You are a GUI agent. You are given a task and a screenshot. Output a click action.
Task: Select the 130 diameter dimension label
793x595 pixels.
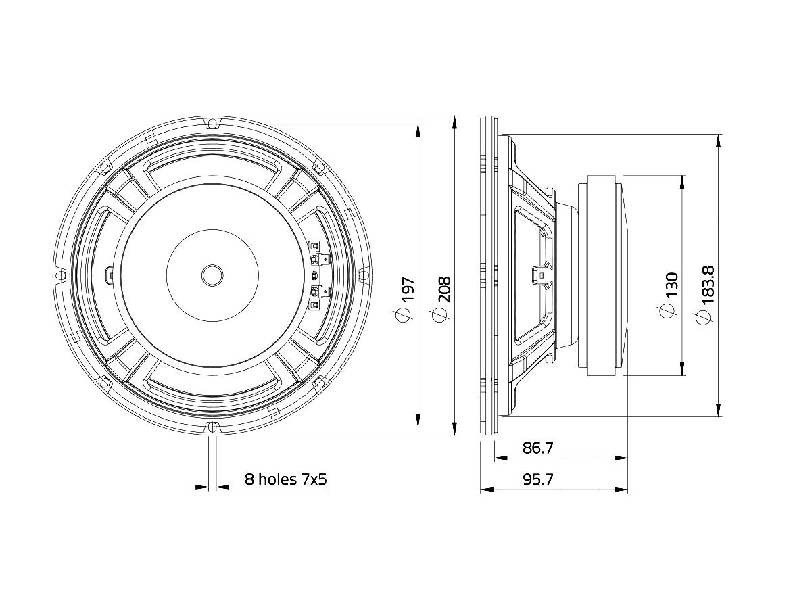pos(671,285)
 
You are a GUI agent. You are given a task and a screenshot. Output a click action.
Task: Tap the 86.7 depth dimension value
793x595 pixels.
pos(538,448)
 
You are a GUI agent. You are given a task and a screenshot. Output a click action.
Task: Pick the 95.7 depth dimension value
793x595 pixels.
pos(538,479)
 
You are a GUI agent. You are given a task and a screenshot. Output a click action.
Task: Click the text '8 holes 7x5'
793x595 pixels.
pos(286,479)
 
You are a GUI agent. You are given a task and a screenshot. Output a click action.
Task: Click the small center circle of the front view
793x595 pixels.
pos(212,275)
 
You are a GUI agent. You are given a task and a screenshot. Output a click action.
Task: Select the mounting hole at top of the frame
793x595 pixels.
pos(213,123)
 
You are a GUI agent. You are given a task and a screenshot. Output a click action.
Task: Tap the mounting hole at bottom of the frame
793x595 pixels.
pos(213,427)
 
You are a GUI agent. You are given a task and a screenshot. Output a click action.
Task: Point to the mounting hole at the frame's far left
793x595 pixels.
pos(59,275)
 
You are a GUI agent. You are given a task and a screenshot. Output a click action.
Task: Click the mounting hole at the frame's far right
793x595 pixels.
pos(365,275)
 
